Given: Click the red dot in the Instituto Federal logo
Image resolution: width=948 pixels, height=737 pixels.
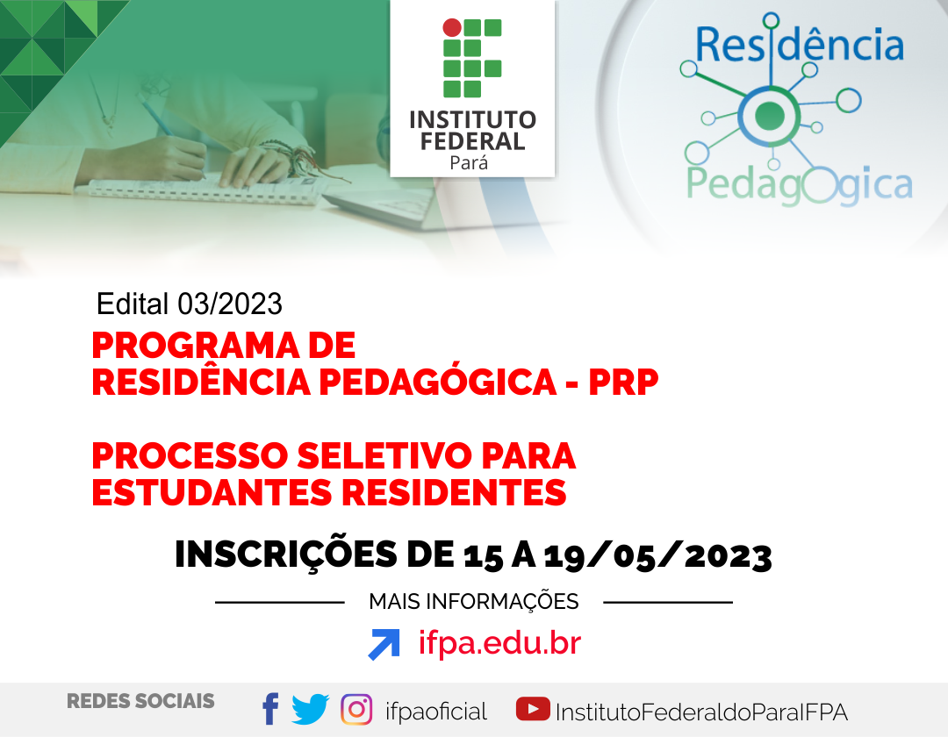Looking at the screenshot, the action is click(x=452, y=27).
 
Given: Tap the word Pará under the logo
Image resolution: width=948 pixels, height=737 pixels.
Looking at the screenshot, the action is click(x=469, y=163).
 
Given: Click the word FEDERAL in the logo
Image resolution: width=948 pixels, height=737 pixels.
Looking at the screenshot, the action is click(x=473, y=141).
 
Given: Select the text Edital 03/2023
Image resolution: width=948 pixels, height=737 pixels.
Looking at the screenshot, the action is click(x=190, y=304).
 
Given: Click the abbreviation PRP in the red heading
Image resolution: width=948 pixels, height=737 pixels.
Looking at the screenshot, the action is click(x=623, y=383).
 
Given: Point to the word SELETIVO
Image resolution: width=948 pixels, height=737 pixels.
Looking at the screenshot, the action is click(x=384, y=455).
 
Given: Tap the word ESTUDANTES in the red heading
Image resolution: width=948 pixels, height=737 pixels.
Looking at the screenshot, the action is click(x=212, y=492).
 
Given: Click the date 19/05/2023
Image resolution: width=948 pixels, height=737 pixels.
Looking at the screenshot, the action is click(x=657, y=555).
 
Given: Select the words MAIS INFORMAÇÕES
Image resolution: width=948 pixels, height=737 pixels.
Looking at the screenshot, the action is click(x=474, y=602).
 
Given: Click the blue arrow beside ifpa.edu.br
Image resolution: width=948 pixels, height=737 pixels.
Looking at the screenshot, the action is click(x=384, y=644).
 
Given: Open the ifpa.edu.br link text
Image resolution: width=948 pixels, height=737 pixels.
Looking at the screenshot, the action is click(x=499, y=643).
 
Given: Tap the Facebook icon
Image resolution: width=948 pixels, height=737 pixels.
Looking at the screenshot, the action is click(x=270, y=709).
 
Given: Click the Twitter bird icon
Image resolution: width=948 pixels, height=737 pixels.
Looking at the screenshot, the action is click(x=310, y=709).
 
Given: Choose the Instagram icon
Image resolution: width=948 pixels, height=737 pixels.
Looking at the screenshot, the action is click(x=356, y=709).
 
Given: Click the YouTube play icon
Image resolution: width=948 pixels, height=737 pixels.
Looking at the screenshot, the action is click(x=533, y=709).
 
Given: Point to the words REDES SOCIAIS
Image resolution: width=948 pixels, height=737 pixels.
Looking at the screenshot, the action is click(x=140, y=701).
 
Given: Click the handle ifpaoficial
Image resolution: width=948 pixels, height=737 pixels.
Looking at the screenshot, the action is click(x=436, y=712).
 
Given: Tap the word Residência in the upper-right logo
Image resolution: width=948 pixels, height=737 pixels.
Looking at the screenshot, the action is click(x=800, y=44).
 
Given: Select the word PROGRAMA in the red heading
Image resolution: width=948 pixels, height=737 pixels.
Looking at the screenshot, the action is click(x=194, y=346).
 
